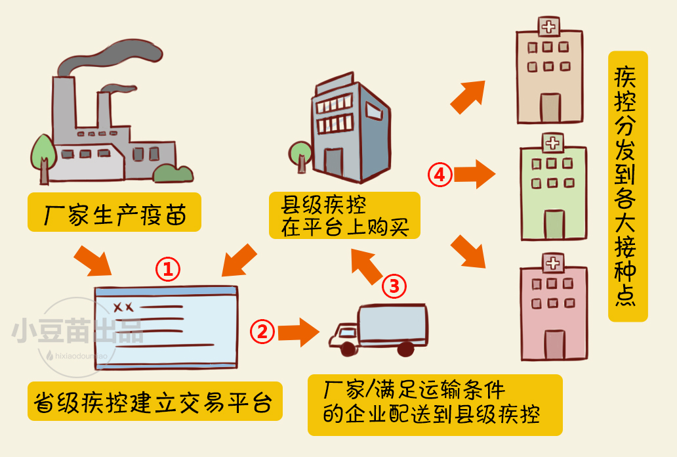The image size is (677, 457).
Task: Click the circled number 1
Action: [167, 268]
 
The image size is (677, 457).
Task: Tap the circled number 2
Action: [262, 330]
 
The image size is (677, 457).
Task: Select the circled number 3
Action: [394, 286]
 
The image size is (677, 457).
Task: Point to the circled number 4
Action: [440, 175]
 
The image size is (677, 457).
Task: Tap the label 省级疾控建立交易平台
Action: [155, 401]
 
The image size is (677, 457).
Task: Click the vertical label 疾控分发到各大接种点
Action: [628, 186]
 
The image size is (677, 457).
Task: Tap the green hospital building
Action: [552, 188]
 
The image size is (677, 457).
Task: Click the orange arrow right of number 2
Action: [298, 331]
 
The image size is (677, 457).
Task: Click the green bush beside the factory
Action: [173, 173]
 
